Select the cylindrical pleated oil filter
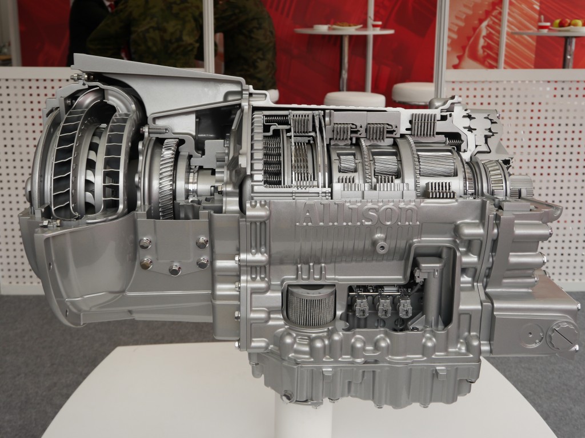pos(311,306)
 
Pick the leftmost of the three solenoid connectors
pos(361,304)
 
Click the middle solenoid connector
pos(383,304)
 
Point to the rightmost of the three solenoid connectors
pos(405,304)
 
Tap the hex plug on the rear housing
pos(562,333)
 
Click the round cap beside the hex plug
pos(532,335)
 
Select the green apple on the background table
pos(557,23)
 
